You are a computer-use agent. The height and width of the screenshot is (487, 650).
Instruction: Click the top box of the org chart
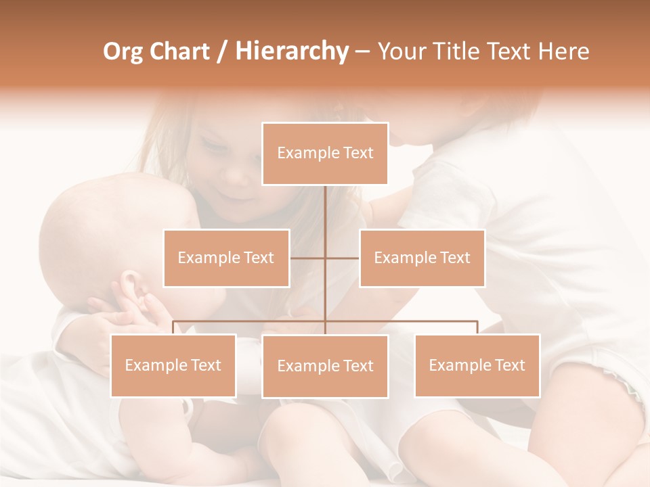pos(325,154)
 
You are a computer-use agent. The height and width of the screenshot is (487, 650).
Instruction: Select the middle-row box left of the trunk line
pos(226,258)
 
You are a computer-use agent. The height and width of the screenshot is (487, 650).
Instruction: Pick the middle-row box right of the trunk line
pos(422,258)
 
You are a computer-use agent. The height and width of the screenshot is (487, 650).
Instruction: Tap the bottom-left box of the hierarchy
pos(173,365)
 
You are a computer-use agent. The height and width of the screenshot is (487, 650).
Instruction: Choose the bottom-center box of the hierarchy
pos(325,366)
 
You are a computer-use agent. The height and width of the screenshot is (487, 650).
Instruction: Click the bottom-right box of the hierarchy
pos(477,365)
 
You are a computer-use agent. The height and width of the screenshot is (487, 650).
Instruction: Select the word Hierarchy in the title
pos(292,51)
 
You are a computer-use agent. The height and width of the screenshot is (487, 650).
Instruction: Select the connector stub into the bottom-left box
pos(173,327)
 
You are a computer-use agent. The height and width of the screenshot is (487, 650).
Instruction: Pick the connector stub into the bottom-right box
pos(477,327)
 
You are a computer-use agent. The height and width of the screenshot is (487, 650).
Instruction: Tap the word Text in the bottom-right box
pos(509,365)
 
